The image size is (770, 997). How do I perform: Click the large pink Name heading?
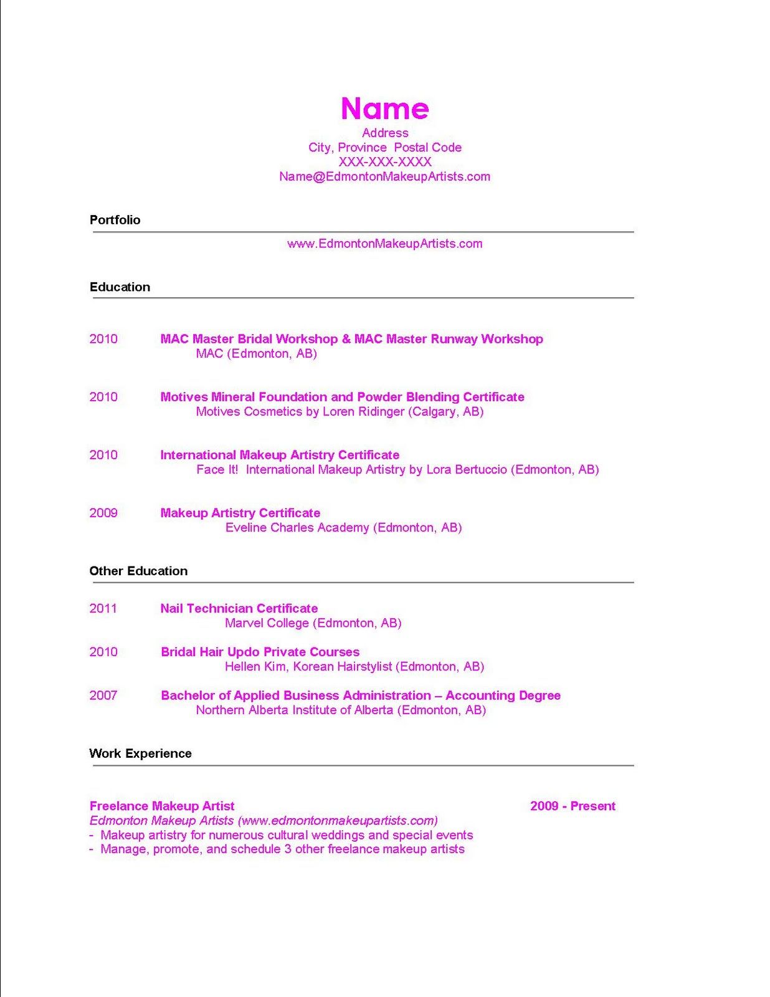[x=384, y=108]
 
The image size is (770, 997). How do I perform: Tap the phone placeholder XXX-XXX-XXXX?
[x=384, y=162]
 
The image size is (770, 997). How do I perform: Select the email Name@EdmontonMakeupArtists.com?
[x=384, y=176]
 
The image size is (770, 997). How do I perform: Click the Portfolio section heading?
[x=115, y=220]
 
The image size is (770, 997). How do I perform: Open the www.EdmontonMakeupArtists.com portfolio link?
[x=384, y=244]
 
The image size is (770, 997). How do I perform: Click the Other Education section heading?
[x=138, y=571]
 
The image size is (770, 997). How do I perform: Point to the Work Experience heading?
[x=140, y=753]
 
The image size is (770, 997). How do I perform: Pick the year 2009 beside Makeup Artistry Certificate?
[x=103, y=513]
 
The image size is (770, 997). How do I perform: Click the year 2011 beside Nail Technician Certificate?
[x=103, y=608]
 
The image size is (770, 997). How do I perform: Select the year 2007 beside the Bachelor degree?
[x=103, y=695]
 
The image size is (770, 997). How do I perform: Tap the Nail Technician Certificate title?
[x=239, y=608]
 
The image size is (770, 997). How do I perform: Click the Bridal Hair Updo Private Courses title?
[x=260, y=652]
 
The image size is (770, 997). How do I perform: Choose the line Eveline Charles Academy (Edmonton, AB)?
[x=343, y=528]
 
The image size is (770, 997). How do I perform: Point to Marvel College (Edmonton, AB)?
[x=313, y=623]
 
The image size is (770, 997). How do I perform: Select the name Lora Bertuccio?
[x=467, y=470]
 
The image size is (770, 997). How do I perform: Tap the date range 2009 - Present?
[x=573, y=806]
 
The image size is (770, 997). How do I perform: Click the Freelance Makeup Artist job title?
[x=162, y=806]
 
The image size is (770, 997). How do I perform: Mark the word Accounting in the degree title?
[x=480, y=695]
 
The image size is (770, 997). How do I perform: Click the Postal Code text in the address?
[x=428, y=148]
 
